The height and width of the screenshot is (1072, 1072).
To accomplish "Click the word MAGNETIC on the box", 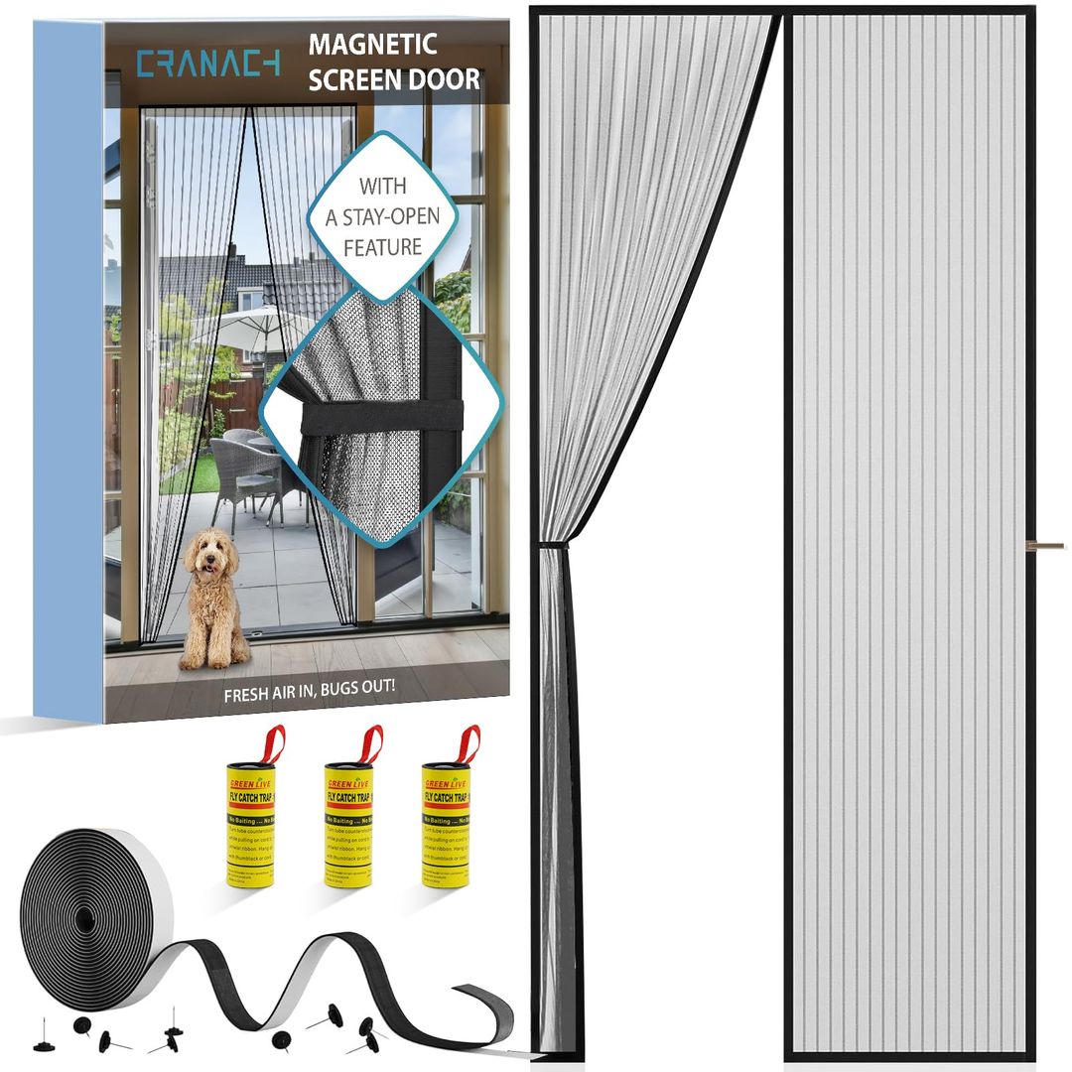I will point(373,45).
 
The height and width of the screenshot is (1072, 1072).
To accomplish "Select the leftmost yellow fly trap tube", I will point(250,820).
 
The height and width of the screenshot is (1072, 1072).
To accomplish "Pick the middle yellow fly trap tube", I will point(348,820).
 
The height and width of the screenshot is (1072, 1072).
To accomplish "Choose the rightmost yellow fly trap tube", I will point(445,820).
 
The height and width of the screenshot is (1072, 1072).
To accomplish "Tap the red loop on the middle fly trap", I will point(370,742).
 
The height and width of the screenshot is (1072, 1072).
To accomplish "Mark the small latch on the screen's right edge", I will point(1048,545).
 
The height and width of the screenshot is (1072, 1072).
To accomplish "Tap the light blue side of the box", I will point(68,367).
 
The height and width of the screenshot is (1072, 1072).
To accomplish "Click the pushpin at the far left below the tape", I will point(44,1041).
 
